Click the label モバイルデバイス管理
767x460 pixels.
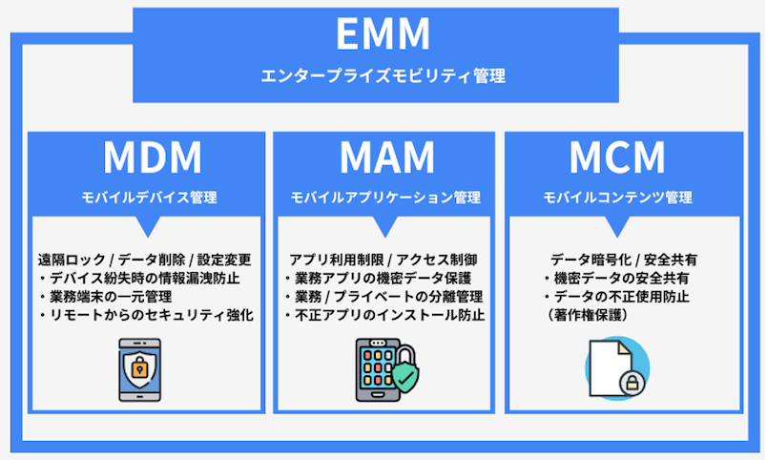(x=148, y=199)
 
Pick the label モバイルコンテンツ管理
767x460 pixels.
(x=617, y=199)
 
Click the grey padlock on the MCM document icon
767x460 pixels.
(x=631, y=384)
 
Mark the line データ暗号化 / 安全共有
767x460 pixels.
(x=617, y=260)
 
